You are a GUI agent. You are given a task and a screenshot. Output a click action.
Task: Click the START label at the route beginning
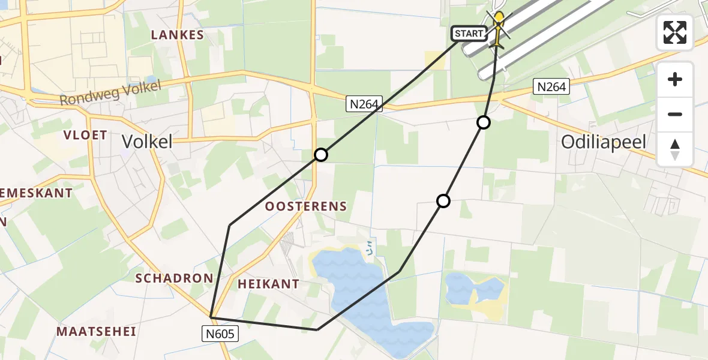pos(469,34)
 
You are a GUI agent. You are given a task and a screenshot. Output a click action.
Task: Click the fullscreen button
pos(675,32)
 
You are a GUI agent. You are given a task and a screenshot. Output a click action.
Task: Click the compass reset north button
pos(675,149)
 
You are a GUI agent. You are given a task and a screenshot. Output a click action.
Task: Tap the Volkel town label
pos(147,142)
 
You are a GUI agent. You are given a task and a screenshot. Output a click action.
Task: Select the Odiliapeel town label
pos(604,142)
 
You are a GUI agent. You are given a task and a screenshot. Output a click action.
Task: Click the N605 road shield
pos(221,334)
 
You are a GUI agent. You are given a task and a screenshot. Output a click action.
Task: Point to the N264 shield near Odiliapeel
pos(550,87)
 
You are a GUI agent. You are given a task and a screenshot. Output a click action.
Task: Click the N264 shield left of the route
pos(364,104)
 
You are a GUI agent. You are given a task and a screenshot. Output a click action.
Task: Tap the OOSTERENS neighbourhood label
pos(306,206)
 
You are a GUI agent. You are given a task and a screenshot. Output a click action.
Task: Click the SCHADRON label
pos(174,278)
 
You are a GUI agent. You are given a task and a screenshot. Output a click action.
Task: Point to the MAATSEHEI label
pos(97,331)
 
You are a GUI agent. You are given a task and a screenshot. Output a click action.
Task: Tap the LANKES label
pos(178,35)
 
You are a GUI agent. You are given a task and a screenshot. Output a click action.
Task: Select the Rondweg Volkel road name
pos(110,93)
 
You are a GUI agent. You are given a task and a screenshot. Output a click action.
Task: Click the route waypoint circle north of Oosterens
pos(321,155)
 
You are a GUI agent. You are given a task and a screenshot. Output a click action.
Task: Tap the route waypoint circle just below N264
pos(483,122)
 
